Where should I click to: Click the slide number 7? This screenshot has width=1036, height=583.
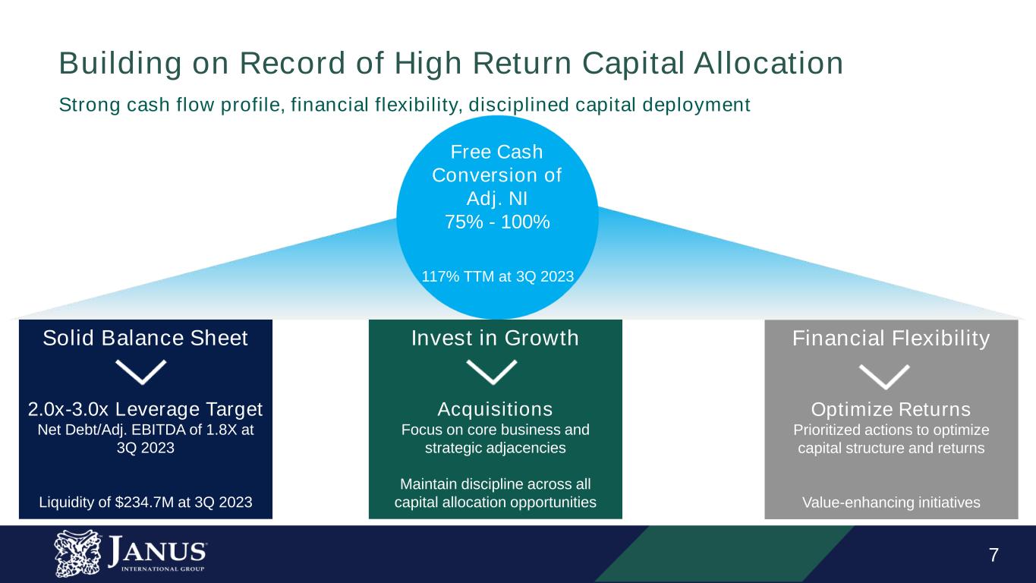point(993,555)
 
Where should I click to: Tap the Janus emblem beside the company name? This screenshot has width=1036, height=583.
point(77,553)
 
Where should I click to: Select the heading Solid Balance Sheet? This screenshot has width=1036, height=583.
point(145,338)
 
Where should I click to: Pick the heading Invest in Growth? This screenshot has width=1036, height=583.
point(495,338)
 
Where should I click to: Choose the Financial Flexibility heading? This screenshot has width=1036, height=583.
point(891,339)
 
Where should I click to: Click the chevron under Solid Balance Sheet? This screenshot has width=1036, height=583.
point(140,372)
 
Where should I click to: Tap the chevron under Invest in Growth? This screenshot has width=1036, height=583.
point(492,372)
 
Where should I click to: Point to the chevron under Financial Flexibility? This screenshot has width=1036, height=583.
point(884,377)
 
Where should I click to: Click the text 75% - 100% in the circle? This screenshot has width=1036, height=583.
point(497,222)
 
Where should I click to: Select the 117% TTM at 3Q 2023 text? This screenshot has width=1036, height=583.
point(498,276)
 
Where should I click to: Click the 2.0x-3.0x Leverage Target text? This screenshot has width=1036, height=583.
point(145,409)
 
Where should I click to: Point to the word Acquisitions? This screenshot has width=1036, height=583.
point(496,409)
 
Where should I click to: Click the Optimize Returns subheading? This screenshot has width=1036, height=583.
point(891,409)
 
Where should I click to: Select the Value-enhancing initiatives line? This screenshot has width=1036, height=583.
point(891,503)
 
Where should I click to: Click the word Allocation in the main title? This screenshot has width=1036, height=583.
point(769,64)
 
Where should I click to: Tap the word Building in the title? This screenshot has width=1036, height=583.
point(120,64)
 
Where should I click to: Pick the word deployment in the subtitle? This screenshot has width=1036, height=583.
point(696,105)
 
